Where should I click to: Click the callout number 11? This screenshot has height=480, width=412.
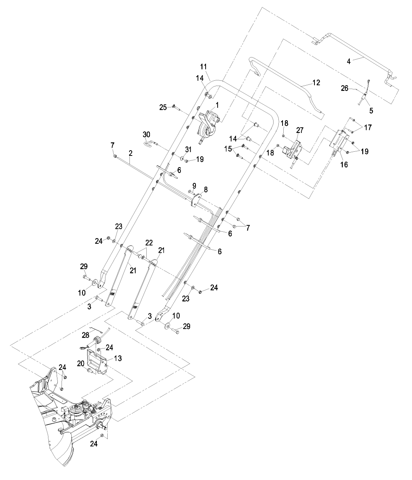[203, 67]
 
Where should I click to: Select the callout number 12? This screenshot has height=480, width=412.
[316, 83]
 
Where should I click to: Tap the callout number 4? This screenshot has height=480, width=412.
[349, 61]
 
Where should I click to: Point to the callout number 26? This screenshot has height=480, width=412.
[344, 88]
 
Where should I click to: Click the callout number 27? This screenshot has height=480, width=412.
[300, 130]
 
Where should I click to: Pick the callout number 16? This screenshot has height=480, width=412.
[344, 165]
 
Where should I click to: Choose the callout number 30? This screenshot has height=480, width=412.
[146, 134]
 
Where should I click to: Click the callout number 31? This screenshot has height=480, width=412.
[188, 149]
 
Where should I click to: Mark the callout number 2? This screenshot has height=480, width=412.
[130, 153]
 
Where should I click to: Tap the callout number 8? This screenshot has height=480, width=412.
[206, 190]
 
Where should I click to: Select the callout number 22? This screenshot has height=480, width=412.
[149, 243]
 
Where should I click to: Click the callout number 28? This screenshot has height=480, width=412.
[86, 335]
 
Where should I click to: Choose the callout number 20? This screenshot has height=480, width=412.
[81, 364]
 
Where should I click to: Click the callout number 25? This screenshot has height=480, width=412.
[163, 107]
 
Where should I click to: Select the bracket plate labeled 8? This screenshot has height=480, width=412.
[196, 200]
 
